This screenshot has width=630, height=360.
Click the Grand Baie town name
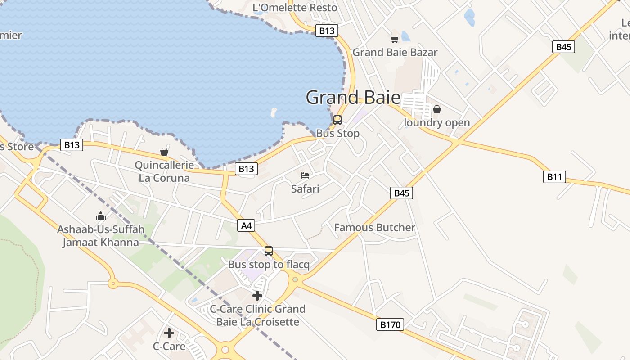pos(353,97)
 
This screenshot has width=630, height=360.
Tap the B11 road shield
pos(554,177)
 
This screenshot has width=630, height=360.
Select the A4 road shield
pos(247,225)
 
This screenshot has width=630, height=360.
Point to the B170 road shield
pos(390,324)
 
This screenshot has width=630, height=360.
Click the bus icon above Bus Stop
pos(337,120)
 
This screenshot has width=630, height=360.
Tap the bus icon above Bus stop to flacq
pos(269,251)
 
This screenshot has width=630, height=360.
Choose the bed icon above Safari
pos(305,175)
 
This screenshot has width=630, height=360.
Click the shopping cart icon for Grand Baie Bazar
pos(395,39)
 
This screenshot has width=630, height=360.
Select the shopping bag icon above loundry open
pos(436,109)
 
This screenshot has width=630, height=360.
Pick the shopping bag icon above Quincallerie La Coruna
pos(164,152)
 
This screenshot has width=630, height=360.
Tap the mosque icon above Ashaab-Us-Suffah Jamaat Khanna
pos(101,216)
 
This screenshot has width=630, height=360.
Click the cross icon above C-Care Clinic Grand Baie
pos(257,296)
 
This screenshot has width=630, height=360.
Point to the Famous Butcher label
pos(374,228)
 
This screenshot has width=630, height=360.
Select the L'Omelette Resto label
pos(295,8)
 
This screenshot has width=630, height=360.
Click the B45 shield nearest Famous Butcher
pos(401,193)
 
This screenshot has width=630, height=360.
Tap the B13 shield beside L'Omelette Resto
pos(326,31)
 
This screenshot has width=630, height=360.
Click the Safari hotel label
pos(305,189)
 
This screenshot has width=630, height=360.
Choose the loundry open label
pos(436,123)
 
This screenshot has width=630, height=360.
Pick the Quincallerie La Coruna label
pos(164,171)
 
